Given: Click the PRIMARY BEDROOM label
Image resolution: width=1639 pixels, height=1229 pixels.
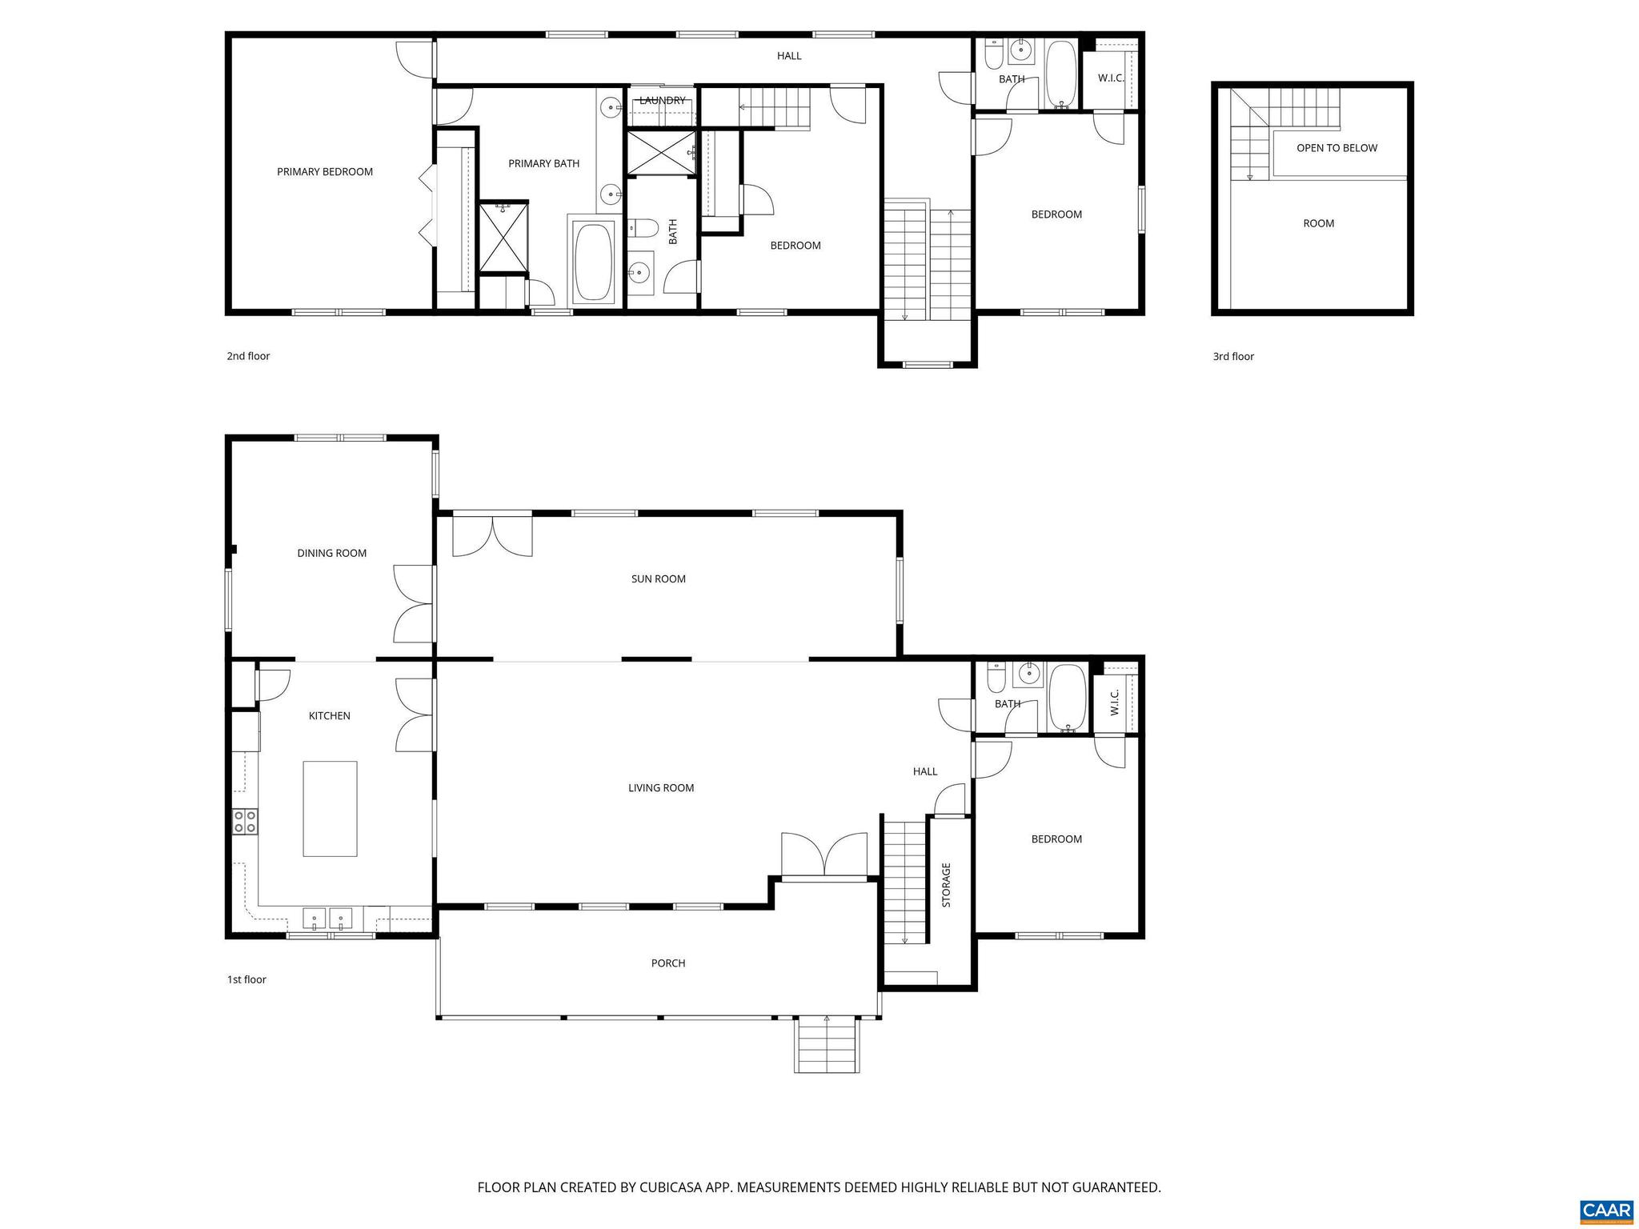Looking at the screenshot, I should [x=325, y=171].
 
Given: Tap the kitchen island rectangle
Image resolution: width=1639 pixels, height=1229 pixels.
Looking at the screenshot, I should [x=330, y=809].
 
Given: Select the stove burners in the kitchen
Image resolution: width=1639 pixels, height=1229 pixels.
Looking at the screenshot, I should [x=245, y=822].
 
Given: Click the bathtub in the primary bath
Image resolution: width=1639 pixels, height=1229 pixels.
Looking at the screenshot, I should [x=593, y=262].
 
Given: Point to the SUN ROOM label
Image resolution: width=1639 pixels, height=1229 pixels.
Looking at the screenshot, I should [x=658, y=578].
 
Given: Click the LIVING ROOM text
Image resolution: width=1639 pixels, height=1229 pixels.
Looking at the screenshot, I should [x=660, y=788].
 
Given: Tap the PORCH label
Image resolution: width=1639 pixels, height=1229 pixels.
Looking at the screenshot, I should [x=667, y=963].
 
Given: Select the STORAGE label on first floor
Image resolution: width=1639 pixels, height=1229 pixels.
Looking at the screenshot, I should [x=946, y=885].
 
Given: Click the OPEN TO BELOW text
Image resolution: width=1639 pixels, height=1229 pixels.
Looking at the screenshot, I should [x=1336, y=148].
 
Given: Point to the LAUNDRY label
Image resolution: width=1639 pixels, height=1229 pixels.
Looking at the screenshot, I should [x=662, y=101].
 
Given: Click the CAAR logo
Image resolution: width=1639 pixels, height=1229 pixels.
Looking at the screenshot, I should [x=1606, y=1209].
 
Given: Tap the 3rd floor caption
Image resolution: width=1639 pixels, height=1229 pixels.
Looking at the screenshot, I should [x=1232, y=357].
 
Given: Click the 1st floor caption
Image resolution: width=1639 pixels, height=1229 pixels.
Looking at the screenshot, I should [x=246, y=979].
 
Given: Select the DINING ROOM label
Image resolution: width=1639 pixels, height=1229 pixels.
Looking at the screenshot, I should [x=331, y=553].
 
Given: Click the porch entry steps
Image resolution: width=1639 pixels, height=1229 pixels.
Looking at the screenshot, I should [x=827, y=1044].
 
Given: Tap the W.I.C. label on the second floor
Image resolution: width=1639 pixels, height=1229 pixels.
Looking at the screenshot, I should [x=1111, y=78].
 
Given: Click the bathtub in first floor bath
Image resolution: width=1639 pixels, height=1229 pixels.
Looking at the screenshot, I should [x=1067, y=698].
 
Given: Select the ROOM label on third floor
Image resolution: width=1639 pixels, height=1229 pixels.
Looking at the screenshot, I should [x=1318, y=223].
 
